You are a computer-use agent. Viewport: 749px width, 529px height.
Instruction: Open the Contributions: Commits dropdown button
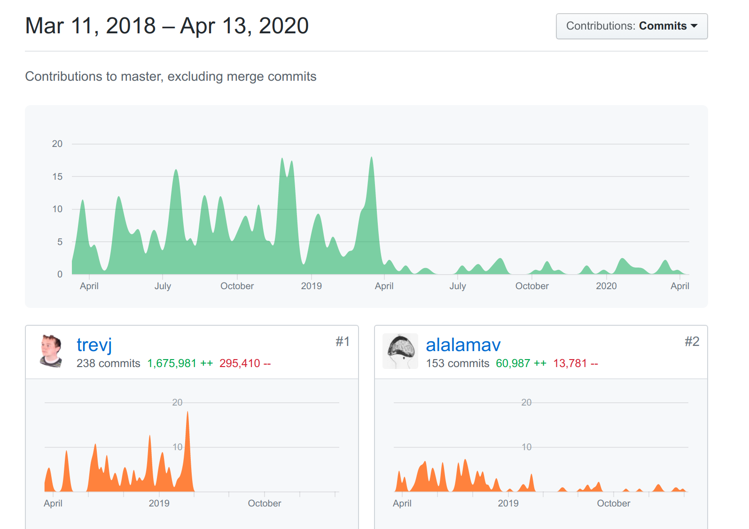(632, 26)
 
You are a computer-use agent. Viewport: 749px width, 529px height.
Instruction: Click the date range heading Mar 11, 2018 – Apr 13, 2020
(166, 26)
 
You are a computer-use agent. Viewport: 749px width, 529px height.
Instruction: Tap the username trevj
(94, 345)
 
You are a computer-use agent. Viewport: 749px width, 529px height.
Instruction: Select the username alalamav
(463, 345)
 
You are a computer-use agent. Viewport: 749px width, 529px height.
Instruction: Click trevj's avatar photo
(51, 351)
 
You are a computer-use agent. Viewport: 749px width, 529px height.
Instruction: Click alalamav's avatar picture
(400, 351)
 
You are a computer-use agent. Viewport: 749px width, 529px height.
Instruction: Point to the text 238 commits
(109, 363)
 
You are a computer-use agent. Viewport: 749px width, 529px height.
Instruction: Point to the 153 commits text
(457, 363)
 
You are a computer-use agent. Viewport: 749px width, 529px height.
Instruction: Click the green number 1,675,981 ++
(180, 363)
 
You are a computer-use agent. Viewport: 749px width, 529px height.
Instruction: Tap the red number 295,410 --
(245, 363)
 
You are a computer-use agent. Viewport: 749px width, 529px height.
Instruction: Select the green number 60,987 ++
(521, 363)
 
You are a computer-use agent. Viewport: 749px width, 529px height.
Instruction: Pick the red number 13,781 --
(576, 363)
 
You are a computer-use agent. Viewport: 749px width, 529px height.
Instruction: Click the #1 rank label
(343, 342)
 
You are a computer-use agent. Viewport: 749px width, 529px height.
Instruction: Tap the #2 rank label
(692, 342)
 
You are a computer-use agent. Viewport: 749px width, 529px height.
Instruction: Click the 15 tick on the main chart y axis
(57, 176)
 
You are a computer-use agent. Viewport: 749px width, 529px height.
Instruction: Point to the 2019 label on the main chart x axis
(312, 286)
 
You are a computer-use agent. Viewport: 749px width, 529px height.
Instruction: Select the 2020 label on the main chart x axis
(606, 286)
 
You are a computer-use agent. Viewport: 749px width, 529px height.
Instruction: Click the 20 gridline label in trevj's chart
(177, 402)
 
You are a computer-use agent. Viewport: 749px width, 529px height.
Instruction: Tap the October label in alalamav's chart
(614, 503)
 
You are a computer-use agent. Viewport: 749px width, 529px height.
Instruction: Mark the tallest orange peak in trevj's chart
(187, 412)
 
